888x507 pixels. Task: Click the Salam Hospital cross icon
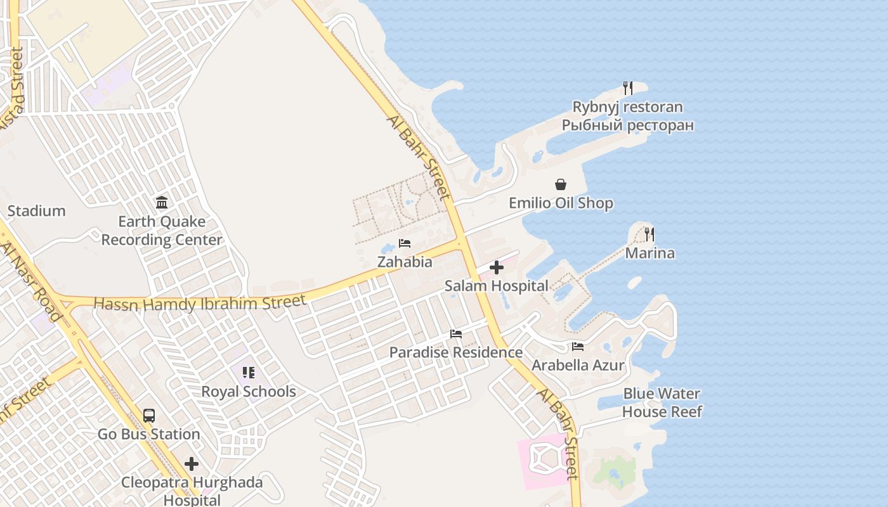(x=497, y=267)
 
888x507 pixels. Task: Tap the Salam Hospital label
(x=496, y=286)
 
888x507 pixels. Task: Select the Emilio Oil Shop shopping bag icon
(x=561, y=184)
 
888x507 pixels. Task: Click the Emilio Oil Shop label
(x=561, y=203)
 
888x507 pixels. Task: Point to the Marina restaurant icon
(x=649, y=234)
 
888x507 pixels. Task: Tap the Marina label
(x=650, y=253)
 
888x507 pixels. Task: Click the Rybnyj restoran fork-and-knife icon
(x=627, y=88)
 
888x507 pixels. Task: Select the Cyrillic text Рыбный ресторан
(x=627, y=125)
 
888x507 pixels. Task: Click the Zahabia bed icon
(x=404, y=243)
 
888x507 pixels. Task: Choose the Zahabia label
(x=405, y=262)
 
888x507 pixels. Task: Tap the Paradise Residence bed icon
(x=455, y=334)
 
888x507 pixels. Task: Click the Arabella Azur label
(x=578, y=366)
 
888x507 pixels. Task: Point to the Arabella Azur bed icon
(x=577, y=347)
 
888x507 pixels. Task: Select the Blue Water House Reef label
(x=662, y=402)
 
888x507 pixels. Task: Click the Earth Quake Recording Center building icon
(x=162, y=203)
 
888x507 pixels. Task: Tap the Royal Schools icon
(x=248, y=373)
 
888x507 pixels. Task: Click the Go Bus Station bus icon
(x=148, y=416)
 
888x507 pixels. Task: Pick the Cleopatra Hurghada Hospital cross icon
(x=192, y=464)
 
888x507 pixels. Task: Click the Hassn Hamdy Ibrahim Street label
(x=200, y=303)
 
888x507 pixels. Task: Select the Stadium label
(x=36, y=211)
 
